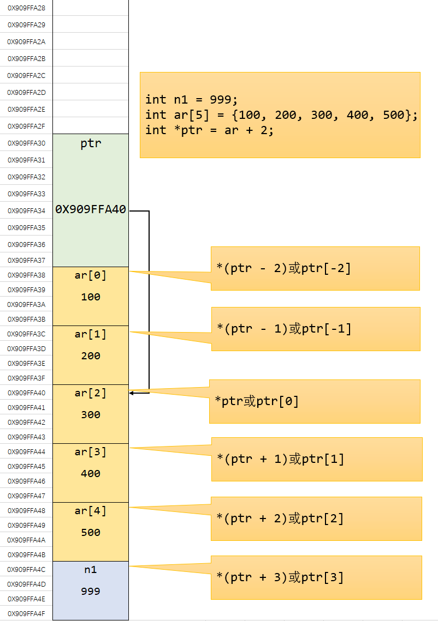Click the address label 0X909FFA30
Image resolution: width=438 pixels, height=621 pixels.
tap(26, 143)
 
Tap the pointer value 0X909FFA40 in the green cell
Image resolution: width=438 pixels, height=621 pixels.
tap(91, 209)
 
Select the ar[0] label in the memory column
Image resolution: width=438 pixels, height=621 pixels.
tap(91, 275)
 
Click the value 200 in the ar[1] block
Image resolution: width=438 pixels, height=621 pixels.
tap(91, 356)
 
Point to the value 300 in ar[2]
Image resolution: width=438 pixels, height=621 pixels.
tap(91, 415)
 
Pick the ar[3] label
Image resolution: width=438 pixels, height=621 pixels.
tap(91, 452)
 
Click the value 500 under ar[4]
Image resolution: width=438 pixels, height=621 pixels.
tap(91, 533)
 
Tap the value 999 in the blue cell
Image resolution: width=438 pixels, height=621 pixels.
tap(91, 592)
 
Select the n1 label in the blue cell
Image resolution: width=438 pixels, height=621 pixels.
tap(91, 570)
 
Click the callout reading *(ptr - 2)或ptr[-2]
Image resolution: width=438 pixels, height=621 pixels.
tap(284, 269)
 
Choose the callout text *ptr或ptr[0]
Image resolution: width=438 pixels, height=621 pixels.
tap(257, 402)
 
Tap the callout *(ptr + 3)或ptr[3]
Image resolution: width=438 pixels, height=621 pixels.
tap(280, 577)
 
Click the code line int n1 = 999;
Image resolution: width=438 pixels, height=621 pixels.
tap(192, 100)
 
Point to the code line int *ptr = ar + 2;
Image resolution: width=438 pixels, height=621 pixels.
tap(209, 130)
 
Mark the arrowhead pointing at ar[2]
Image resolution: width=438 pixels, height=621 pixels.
tap(132, 393)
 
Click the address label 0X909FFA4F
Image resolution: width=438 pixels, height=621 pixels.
tap(26, 614)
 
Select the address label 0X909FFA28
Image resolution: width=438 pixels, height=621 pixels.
tap(26, 8)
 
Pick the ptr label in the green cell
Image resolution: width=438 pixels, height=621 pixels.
tap(91, 144)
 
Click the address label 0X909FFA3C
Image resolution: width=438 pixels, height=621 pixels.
tap(26, 334)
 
